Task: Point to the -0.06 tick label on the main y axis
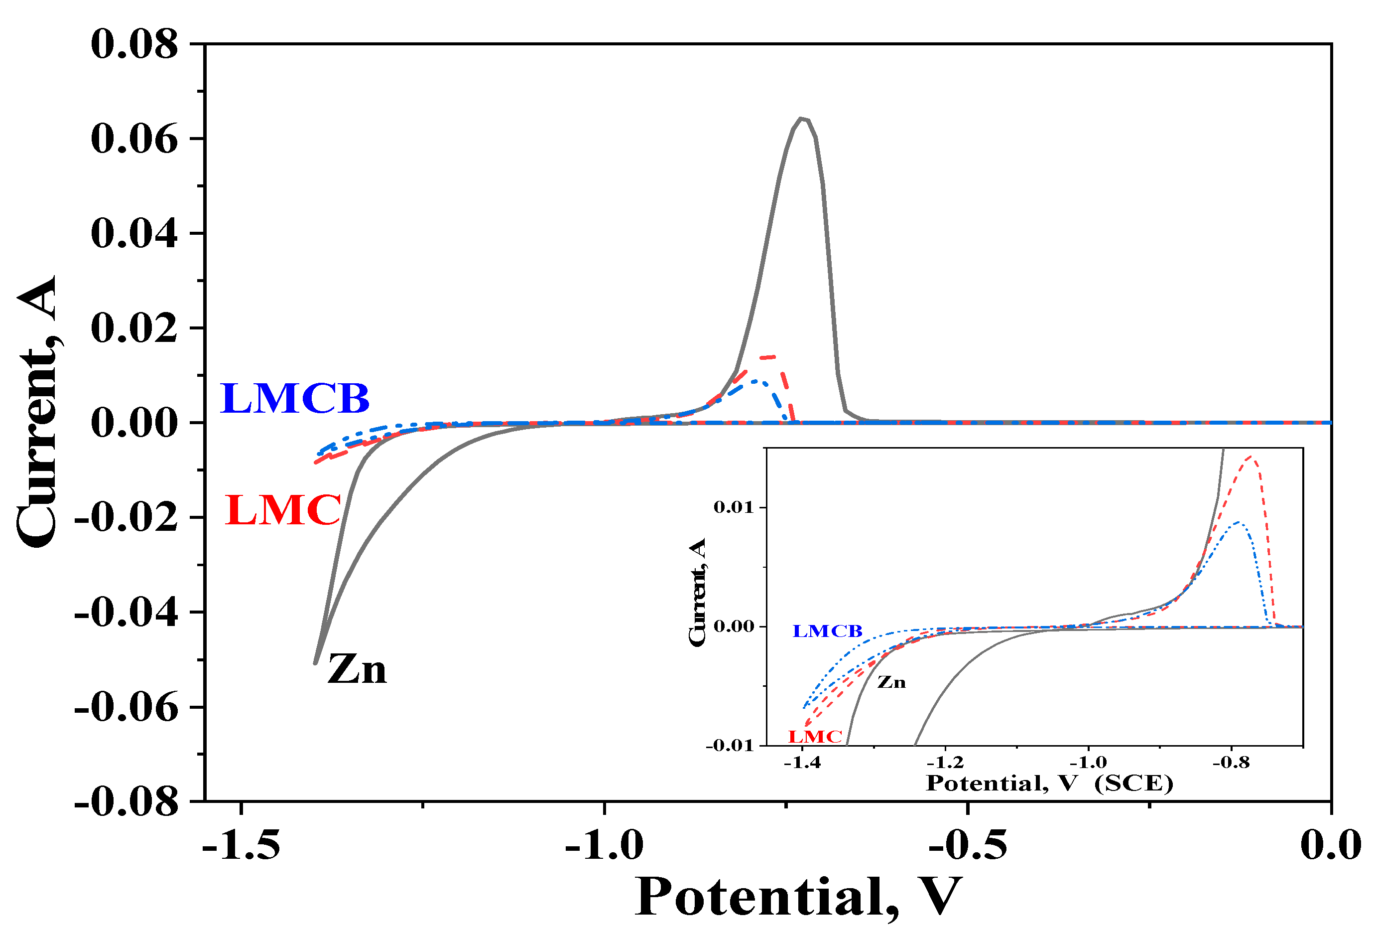[x=126, y=708]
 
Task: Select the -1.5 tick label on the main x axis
[x=241, y=845]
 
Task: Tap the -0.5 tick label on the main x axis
[x=968, y=845]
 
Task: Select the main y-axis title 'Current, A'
[x=37, y=411]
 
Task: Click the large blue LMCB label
[x=294, y=398]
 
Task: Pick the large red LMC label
[x=283, y=510]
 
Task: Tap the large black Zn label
[x=357, y=670]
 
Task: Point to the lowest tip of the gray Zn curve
[x=316, y=663]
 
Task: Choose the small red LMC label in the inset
[x=815, y=737]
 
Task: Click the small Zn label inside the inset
[x=891, y=683]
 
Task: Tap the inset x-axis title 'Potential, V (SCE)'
[x=1049, y=784]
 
